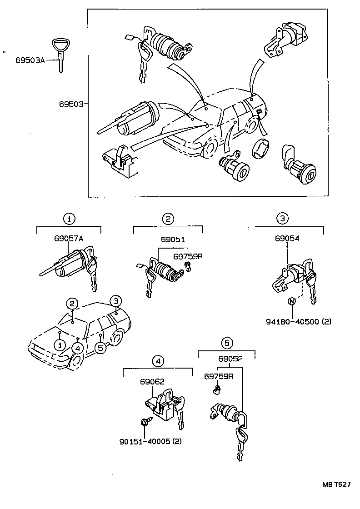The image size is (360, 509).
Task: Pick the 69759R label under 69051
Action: [187, 256]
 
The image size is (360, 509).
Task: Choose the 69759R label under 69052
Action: [219, 376]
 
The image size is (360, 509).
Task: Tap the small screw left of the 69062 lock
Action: [145, 423]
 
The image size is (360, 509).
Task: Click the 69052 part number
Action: [230, 359]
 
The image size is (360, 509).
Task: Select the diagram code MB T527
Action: [337, 484]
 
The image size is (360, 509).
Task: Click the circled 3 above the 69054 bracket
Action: [282, 219]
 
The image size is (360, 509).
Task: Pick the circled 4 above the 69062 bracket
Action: [157, 361]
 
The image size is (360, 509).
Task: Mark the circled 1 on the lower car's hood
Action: [60, 345]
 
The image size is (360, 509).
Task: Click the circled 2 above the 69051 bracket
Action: [168, 219]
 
